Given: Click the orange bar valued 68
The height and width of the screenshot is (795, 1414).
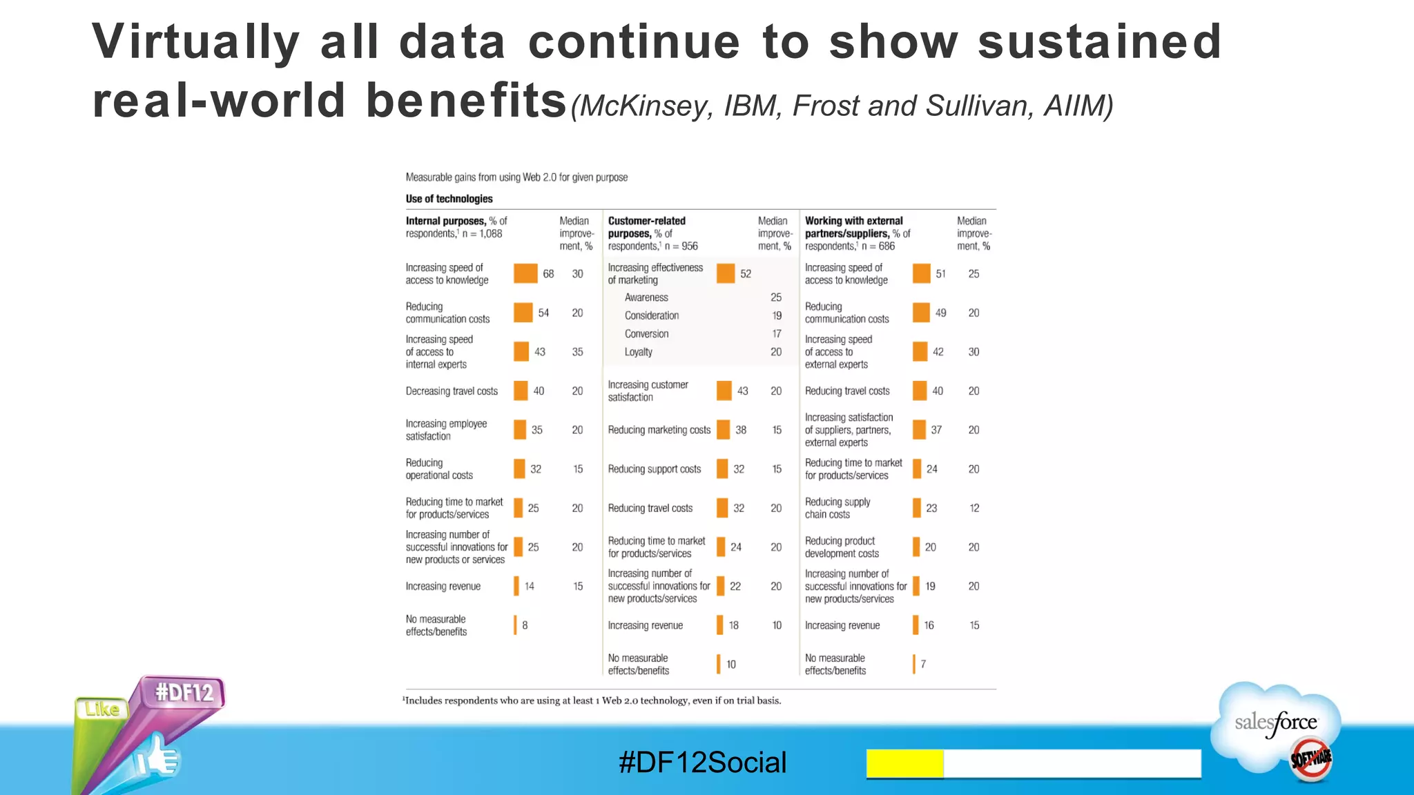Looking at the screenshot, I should point(525,273).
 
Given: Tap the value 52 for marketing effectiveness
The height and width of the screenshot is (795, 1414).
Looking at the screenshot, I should point(746,274).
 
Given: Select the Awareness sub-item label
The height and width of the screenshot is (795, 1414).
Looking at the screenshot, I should point(646,297).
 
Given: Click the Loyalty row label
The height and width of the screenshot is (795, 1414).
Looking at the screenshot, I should point(639,352).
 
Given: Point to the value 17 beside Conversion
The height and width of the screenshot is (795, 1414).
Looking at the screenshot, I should point(777,334).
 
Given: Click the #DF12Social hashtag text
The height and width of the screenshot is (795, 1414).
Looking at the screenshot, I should point(702,763).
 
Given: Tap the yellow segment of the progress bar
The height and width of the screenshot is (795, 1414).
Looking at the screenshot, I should point(904,764).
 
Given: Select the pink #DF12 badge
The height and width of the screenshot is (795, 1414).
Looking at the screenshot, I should point(184,692).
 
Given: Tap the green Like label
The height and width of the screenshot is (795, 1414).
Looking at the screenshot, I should point(102,709).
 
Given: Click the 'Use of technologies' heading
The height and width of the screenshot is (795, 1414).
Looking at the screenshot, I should point(449,199).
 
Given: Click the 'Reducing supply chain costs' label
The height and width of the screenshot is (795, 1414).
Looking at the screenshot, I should point(837,508).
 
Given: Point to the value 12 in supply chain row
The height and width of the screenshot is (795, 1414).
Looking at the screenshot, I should point(974,509).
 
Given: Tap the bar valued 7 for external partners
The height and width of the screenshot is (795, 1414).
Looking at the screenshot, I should point(914,664).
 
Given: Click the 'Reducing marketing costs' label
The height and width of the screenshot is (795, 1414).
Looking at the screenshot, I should point(659,430).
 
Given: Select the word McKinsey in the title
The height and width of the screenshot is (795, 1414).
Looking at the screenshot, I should point(646,106).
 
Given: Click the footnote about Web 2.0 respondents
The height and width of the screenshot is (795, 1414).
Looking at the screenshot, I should point(592,700).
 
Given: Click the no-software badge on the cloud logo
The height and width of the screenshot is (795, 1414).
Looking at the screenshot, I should point(1310,759).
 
